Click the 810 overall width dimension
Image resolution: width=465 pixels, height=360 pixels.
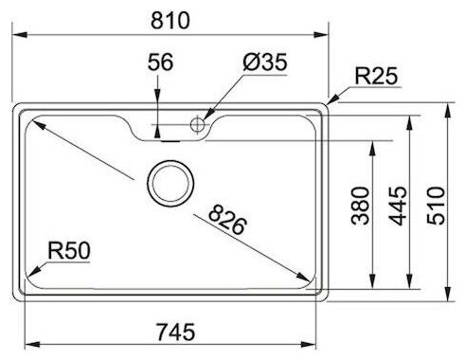[170, 21]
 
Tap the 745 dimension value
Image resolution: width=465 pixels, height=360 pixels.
[175, 332]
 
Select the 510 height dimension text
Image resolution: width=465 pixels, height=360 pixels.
[436, 206]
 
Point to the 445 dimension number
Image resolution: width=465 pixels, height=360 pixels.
[398, 206]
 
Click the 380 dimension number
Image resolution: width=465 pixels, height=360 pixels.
[360, 206]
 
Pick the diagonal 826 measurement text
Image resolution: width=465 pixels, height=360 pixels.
[227, 220]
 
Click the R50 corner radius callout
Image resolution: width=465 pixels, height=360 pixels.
[69, 251]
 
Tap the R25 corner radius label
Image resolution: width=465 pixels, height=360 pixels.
[376, 76]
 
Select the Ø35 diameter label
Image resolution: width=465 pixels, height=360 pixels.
[265, 62]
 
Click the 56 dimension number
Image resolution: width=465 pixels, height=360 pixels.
[160, 62]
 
